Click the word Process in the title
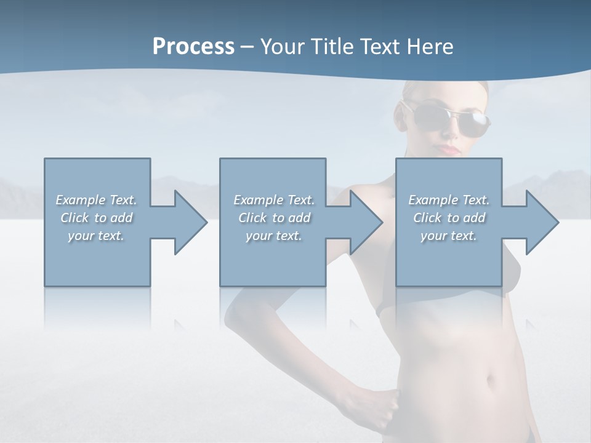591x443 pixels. [x=193, y=47]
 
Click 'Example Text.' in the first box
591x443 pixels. [x=96, y=200]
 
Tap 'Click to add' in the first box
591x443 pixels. [x=96, y=218]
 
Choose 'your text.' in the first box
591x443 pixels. [x=96, y=236]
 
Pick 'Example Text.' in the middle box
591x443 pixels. [x=274, y=200]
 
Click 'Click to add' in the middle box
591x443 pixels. [x=274, y=218]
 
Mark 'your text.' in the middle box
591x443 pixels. [x=274, y=236]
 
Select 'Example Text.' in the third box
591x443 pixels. [x=449, y=200]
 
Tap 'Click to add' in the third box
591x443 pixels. [x=449, y=218]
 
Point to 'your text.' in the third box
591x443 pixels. [x=449, y=236]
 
